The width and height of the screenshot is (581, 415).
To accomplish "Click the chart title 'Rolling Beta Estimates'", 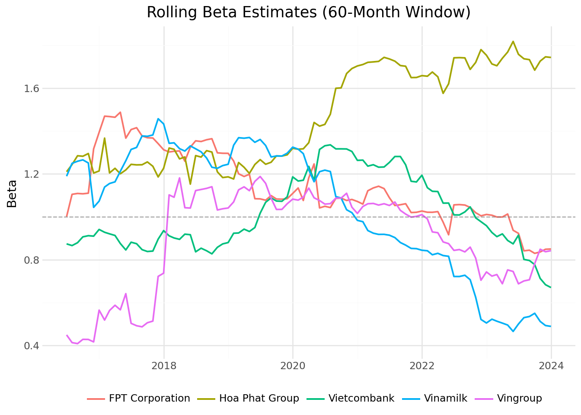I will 308,12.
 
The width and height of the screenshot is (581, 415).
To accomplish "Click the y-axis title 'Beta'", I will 12,194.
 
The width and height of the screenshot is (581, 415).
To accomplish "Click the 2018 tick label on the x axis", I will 164,366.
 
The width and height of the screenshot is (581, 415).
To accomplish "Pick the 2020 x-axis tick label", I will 293,366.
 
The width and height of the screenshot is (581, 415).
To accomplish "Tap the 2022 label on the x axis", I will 422,366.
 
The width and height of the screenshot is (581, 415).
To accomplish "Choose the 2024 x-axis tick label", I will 551,366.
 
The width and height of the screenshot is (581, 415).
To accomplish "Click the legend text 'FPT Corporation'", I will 149,399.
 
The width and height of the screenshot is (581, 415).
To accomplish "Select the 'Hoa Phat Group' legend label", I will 259,399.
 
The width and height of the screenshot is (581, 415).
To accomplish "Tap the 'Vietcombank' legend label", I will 361,399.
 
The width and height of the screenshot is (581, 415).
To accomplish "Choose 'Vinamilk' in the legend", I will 446,399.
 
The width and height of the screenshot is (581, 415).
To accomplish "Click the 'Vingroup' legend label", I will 519,399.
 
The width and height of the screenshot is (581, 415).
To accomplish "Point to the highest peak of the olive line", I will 513,41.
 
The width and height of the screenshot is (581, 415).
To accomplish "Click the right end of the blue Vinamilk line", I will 551,326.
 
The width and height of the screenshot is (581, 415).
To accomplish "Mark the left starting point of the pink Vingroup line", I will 67,335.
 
